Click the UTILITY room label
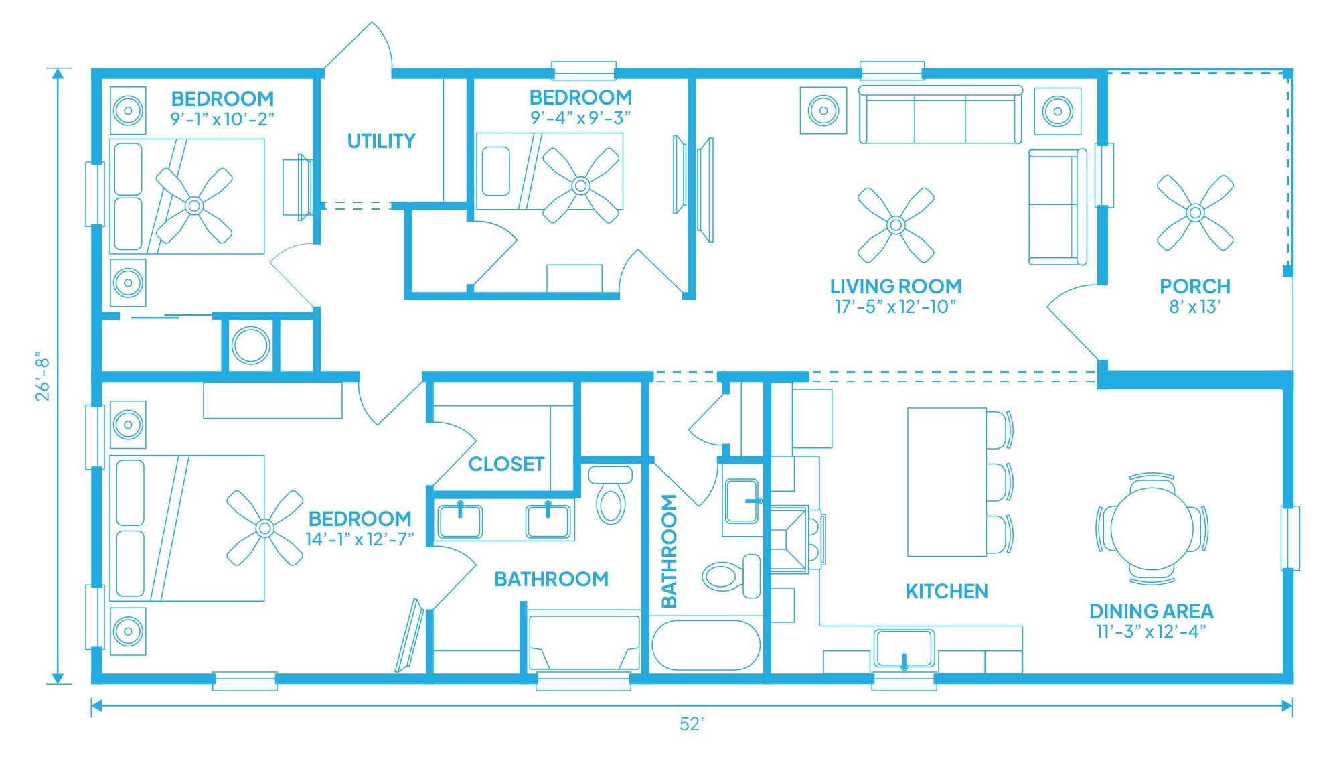[x=381, y=141]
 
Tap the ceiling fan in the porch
[x=1195, y=213]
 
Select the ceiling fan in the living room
[x=896, y=224]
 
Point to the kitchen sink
[x=904, y=648]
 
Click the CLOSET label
[x=506, y=464]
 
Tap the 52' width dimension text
[x=691, y=724]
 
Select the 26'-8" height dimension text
[x=43, y=375]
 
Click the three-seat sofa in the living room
[x=941, y=115]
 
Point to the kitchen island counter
[x=947, y=482]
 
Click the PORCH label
[x=1195, y=287]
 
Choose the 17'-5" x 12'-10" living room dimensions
[x=895, y=307]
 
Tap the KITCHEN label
[x=947, y=591]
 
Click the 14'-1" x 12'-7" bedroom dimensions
[x=360, y=539]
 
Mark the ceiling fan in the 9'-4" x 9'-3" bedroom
[x=580, y=186]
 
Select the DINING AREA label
[x=1152, y=611]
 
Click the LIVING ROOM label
[x=896, y=287]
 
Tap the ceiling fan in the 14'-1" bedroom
[x=264, y=528]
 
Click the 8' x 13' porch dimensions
[x=1195, y=307]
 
